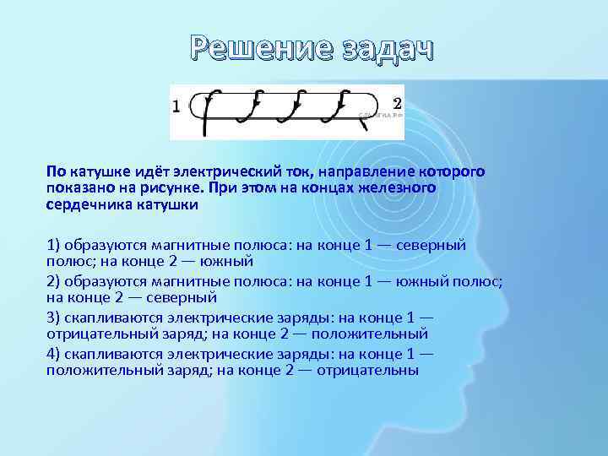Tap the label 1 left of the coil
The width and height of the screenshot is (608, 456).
176,106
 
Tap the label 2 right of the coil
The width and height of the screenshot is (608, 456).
397,102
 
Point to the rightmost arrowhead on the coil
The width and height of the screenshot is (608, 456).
342,104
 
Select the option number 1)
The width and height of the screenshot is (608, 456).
55,245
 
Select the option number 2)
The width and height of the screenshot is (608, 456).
55,281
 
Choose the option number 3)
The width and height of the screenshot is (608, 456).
55,318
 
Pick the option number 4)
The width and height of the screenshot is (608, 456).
55,355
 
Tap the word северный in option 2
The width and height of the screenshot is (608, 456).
185,297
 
